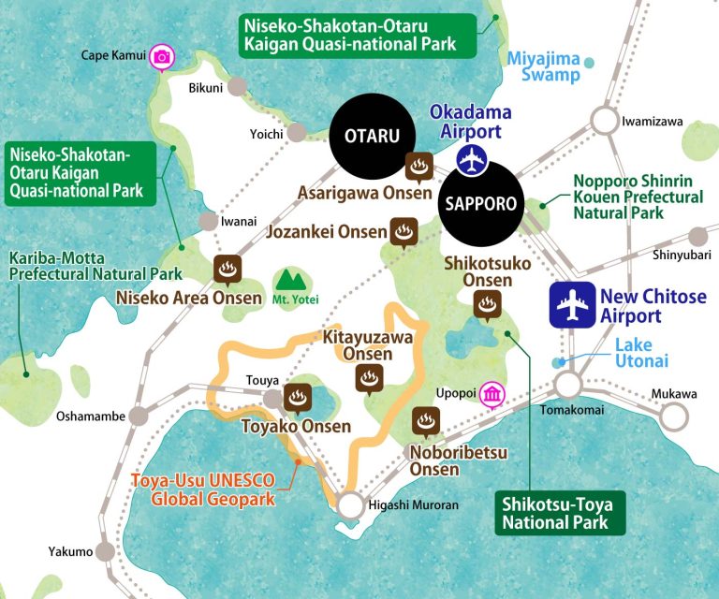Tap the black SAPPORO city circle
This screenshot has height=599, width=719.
coord(479,203)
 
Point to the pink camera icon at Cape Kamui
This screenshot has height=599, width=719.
coord(162,57)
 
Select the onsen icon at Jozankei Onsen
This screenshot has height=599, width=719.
coord(404,231)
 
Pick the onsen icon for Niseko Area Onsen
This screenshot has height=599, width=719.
coord(227,270)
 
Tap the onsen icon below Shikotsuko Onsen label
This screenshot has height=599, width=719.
coord(486,304)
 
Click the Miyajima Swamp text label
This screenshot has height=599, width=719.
coord(544,66)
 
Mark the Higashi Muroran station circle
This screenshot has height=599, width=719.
coord(350,506)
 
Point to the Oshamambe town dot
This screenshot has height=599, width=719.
coord(139,416)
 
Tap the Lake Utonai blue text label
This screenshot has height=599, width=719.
coord(646,354)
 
